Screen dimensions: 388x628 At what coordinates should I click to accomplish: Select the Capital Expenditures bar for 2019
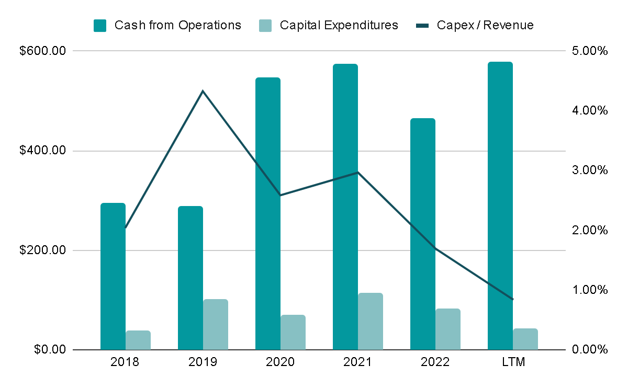(216, 324)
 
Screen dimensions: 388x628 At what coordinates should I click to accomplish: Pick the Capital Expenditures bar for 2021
(371, 321)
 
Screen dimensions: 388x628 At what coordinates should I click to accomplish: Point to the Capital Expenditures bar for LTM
(525, 339)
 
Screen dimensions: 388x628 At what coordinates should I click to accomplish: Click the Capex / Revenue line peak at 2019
(203, 91)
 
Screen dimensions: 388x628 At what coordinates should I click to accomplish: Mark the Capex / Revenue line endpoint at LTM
(512, 300)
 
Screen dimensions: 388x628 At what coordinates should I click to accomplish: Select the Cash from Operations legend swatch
(100, 25)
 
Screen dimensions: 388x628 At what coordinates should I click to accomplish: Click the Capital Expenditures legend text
(339, 25)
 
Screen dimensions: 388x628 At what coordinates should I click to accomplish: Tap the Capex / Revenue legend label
(485, 25)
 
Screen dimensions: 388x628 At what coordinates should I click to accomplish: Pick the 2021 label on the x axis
(357, 362)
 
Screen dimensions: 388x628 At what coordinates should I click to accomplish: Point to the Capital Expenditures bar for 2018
(138, 340)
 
